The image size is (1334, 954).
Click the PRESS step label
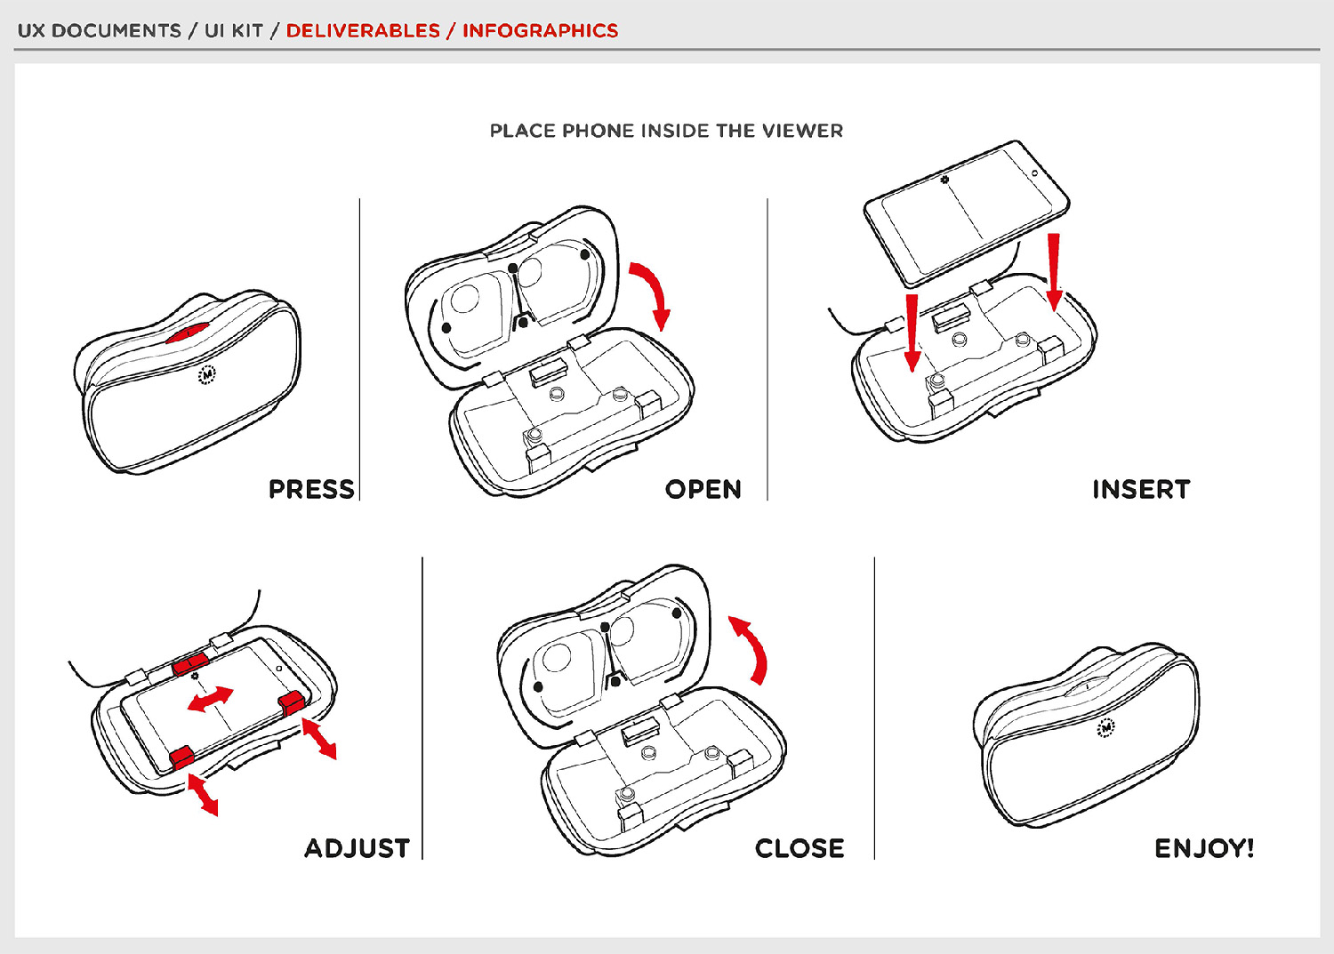coord(311,489)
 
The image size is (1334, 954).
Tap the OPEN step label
coord(703,489)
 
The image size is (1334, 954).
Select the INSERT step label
coord(1140,489)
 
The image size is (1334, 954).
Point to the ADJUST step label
coord(357,848)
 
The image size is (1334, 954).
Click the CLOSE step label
coord(800,848)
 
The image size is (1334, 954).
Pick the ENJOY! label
coord(1204,848)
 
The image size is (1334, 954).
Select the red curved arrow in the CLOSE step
coord(751,648)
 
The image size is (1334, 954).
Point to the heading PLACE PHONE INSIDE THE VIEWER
coord(666,131)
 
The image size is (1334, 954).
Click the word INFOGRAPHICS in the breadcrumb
coord(540,30)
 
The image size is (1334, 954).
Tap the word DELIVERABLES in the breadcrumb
coord(363,30)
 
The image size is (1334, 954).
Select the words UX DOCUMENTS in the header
coord(99,30)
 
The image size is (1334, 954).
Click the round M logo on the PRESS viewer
coord(206,375)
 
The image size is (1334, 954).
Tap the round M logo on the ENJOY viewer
coord(1105,727)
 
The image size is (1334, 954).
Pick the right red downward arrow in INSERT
coord(1054,271)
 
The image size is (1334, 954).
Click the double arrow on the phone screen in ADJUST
coord(211,699)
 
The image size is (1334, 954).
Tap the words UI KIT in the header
coord(234,30)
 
